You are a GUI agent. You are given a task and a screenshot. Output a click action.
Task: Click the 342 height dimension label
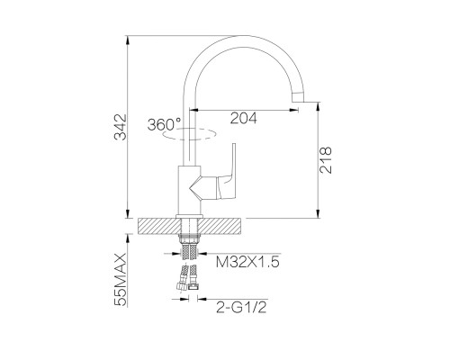[x=121, y=127]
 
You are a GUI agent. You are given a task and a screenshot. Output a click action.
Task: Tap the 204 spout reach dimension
[x=244, y=118]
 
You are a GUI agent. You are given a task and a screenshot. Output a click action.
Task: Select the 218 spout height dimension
[x=326, y=160]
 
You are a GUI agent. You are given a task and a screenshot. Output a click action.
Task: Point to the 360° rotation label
[x=165, y=124]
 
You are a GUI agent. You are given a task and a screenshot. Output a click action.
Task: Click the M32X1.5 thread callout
[x=247, y=262]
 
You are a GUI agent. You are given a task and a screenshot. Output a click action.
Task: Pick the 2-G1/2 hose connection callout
[x=241, y=307]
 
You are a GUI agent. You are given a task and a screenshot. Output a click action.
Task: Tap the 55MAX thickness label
[x=121, y=279]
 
